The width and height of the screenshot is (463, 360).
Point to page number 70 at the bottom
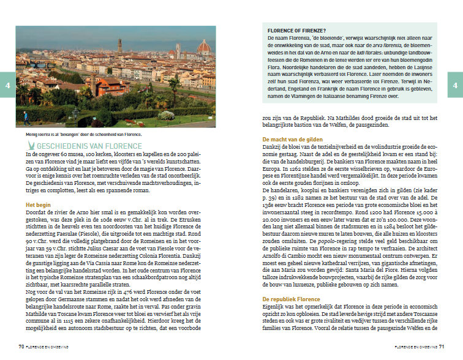(21, 347)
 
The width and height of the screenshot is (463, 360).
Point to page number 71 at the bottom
(440, 347)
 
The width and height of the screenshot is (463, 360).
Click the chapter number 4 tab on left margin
(7, 85)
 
